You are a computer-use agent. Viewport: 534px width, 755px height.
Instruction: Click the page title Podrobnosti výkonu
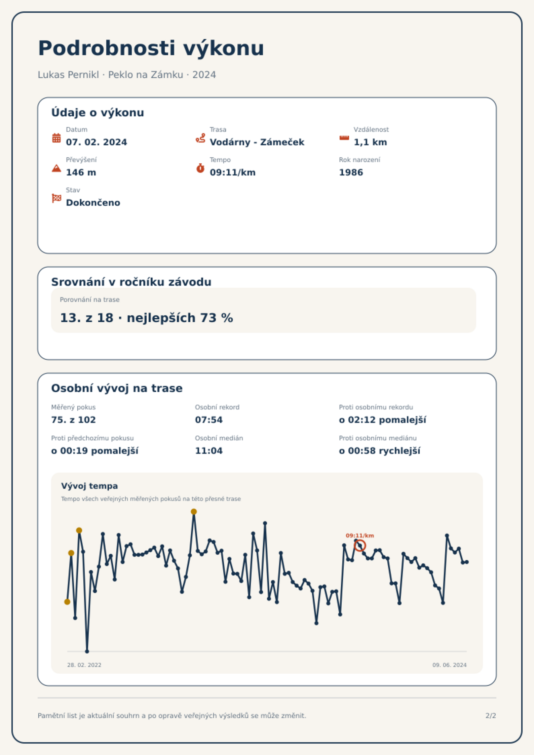click(151, 48)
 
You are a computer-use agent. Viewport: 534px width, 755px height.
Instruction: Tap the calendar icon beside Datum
click(56, 138)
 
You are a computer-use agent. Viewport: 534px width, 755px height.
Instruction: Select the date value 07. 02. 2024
click(97, 142)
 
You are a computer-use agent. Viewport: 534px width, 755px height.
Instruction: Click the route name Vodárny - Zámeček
click(257, 142)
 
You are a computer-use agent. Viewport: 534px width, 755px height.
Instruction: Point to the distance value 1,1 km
click(370, 142)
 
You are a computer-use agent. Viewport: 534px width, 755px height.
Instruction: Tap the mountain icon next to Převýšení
click(56, 168)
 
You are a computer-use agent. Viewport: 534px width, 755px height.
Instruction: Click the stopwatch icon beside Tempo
click(200, 168)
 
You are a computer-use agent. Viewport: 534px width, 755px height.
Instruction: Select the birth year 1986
click(351, 172)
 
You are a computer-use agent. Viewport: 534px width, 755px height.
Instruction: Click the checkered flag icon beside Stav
click(56, 198)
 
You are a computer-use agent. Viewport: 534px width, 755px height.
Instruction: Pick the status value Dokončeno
click(93, 203)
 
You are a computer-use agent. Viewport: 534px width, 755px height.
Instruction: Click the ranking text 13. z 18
click(87, 318)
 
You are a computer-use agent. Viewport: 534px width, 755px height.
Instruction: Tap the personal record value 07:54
click(209, 420)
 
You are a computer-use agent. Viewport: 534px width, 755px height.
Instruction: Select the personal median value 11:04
click(209, 451)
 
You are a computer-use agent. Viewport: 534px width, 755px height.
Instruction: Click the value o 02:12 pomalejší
click(382, 420)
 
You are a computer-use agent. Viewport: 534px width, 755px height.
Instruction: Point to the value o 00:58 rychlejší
click(380, 451)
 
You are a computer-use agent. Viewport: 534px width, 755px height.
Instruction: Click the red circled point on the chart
click(360, 545)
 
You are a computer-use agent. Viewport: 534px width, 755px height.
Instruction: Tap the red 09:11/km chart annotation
click(360, 535)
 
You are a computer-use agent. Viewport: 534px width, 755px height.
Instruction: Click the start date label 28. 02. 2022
click(84, 665)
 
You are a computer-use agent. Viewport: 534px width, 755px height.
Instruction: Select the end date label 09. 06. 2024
click(450, 665)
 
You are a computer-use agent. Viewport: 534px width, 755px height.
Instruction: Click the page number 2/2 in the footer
click(491, 716)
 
